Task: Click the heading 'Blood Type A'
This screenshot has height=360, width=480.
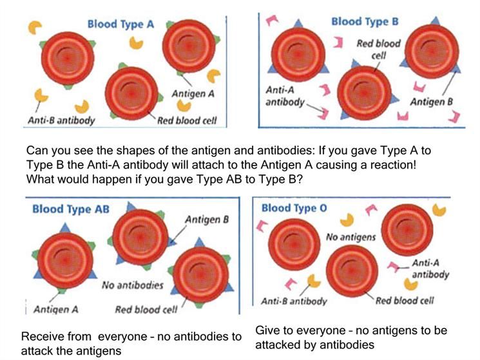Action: point(120,24)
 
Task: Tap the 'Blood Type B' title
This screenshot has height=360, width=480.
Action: point(365,22)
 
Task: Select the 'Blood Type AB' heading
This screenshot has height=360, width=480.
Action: point(71,209)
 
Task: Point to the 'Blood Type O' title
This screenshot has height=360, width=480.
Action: point(294,208)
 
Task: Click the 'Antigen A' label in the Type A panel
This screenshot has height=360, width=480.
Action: point(193,93)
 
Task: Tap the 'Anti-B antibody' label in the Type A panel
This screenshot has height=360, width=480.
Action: point(61,120)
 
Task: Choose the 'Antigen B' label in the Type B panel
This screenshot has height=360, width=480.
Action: point(431,102)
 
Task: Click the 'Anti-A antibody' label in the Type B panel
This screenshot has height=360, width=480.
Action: point(285,96)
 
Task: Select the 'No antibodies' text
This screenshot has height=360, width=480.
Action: point(133,285)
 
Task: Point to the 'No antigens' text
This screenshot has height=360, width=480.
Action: point(350,237)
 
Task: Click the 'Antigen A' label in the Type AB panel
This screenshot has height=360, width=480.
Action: point(56,310)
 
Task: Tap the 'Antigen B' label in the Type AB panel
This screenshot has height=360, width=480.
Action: point(207,220)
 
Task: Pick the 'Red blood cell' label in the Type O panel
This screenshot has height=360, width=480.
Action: point(405,301)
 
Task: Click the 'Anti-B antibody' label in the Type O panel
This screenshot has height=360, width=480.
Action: point(294,301)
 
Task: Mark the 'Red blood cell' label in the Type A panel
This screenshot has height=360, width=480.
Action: point(187,120)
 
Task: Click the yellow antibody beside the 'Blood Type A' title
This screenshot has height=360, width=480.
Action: point(34,27)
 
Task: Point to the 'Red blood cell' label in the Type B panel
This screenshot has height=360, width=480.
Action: point(379,50)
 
